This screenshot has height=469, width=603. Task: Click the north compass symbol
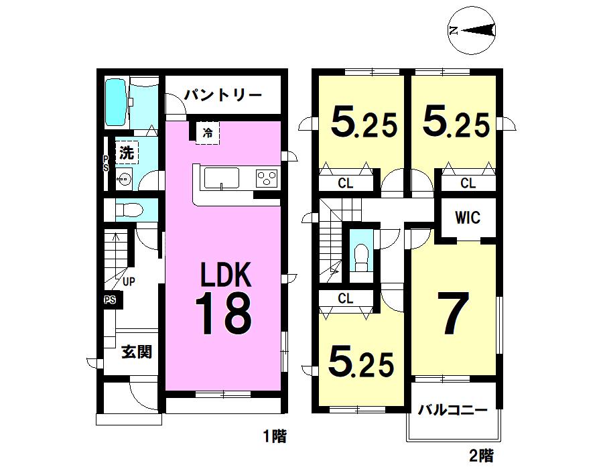coord(472,29)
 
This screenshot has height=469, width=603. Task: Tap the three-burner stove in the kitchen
coord(267,178)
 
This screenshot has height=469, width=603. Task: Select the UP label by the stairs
coord(129,281)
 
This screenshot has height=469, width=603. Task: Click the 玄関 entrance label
coord(136,351)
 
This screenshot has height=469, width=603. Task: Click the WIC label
coord(468,218)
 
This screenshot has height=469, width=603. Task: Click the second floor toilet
coord(361,255)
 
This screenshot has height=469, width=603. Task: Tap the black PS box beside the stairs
coord(109,300)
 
